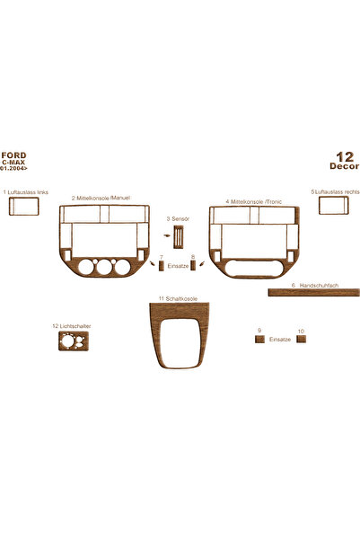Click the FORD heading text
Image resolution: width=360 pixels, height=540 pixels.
13,155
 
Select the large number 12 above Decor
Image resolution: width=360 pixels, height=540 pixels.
345,157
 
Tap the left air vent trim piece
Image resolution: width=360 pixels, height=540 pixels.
23,207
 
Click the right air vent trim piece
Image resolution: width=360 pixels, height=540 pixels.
333,205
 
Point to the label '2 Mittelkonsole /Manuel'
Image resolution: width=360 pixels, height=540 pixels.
101,198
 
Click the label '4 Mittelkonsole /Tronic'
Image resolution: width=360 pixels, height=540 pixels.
254,201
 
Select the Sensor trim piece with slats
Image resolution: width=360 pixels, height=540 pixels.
179,237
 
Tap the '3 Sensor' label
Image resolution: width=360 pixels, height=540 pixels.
178,218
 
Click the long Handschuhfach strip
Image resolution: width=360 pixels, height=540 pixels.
314,293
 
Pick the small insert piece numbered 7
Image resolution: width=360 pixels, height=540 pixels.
161,266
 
